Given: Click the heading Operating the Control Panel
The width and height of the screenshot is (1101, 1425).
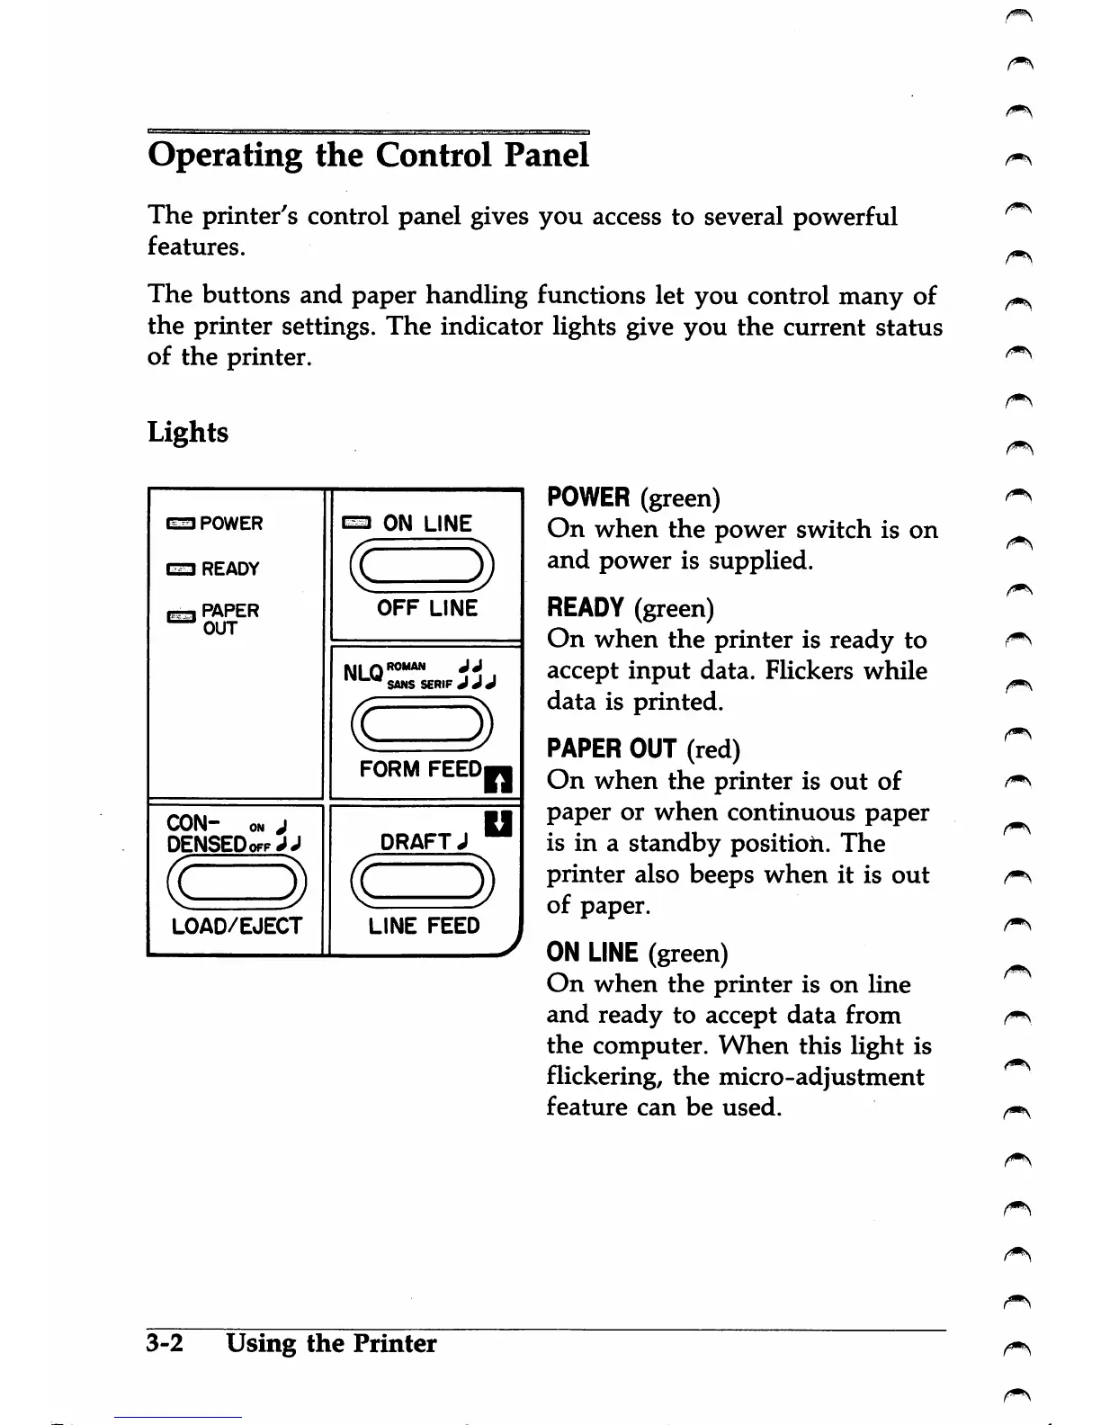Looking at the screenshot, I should (368, 155).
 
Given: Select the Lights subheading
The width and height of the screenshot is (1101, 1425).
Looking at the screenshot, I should (188, 432).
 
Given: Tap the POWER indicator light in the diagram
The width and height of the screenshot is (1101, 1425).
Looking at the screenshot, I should (180, 524).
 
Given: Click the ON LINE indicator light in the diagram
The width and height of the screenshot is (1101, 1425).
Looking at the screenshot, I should (357, 524).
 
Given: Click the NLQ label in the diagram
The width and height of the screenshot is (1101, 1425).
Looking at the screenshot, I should (363, 673).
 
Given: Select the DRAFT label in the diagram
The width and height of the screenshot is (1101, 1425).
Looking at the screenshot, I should (416, 842).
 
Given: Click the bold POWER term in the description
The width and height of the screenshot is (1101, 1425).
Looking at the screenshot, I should (588, 497).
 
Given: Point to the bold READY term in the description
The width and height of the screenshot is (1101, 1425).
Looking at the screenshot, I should (586, 608).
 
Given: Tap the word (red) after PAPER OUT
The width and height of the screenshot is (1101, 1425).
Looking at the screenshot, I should (712, 749).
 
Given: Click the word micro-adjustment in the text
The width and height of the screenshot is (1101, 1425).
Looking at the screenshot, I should (820, 1077).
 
